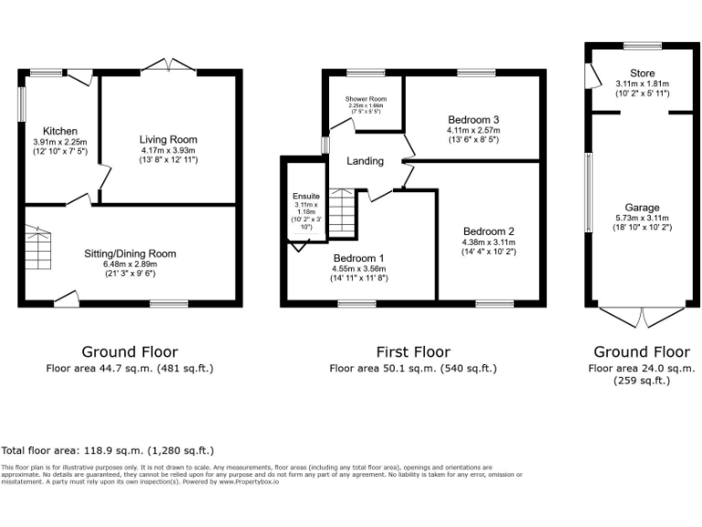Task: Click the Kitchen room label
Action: pos(62,132)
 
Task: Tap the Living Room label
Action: pos(169,140)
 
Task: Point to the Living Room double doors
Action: pos(170,67)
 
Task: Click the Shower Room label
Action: pos(366,99)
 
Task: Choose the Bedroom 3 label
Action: pos(473,120)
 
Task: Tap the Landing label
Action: pos(365,161)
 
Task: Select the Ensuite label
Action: pos(306,196)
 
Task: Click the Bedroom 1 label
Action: pos(358,258)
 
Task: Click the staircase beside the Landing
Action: pos(341,212)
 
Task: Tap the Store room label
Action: pos(642,73)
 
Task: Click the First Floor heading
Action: pos(413,351)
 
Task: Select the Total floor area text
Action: pos(108,450)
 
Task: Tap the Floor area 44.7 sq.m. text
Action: pos(130,369)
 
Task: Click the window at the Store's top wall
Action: pos(643,46)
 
